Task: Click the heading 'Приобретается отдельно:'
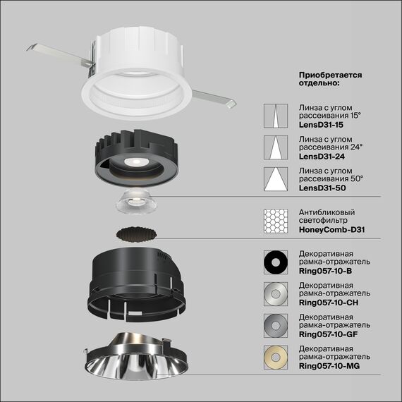330,78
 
